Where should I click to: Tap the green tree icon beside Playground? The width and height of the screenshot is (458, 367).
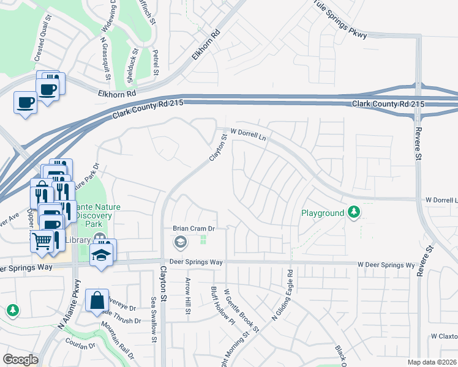pos(353,213)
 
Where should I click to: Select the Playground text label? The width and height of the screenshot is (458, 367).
pos(323,213)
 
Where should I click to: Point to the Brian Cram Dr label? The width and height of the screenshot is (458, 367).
pos(195,228)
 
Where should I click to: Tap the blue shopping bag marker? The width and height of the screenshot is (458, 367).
pos(97,301)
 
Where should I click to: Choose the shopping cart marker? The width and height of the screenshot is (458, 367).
pos(42,241)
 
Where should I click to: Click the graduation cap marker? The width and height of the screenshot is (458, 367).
pos(102,254)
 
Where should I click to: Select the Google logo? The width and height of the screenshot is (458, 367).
pos(20,359)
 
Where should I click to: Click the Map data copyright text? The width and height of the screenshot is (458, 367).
pos(432,362)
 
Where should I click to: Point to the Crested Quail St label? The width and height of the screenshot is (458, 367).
pos(43,43)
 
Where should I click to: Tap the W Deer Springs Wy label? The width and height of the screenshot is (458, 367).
pos(386,265)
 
